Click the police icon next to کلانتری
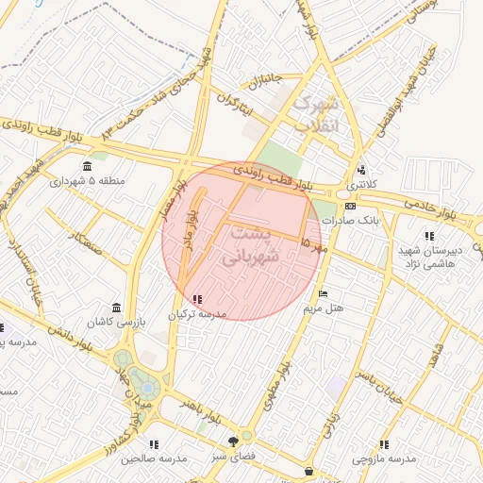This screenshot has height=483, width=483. pos(360,171)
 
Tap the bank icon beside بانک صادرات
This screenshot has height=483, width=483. pos(350,206)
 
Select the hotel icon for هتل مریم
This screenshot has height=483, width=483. pos(324,294)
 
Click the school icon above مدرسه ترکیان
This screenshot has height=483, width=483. pos(196,300)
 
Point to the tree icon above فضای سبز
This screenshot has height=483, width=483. pos(234,441)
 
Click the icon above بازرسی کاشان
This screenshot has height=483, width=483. pos(116,308)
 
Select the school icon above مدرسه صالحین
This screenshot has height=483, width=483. pos(153,443)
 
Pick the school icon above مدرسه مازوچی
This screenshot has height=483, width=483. pos(383,444)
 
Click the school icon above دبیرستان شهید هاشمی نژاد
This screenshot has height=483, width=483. pos(429,236)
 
